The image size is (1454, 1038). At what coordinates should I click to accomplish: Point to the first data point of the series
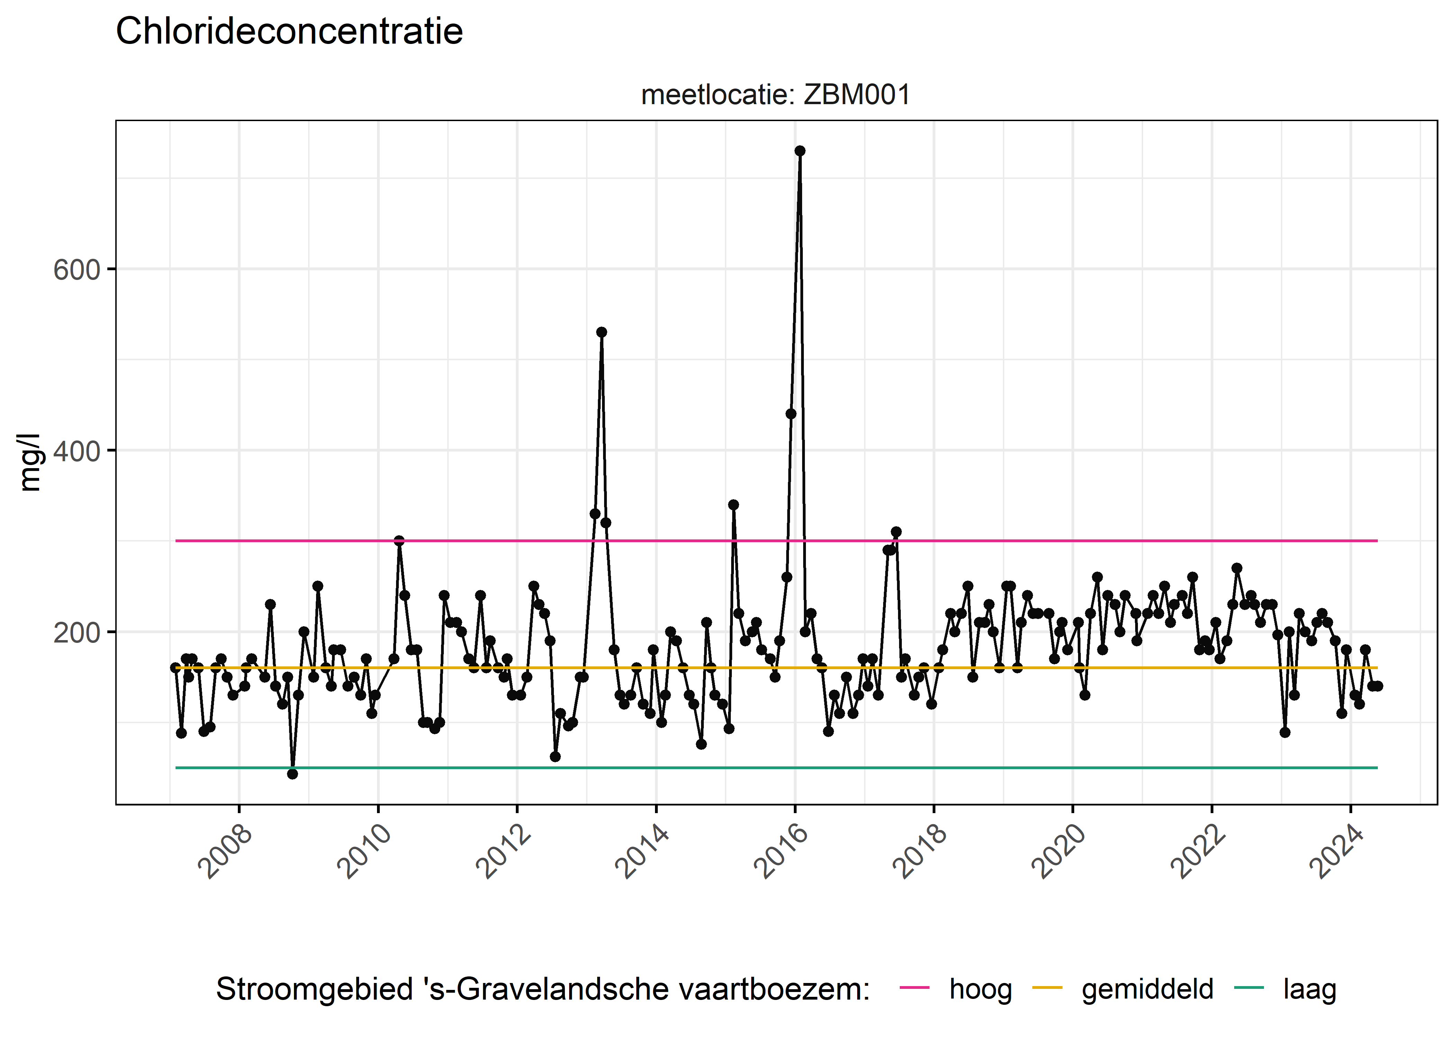(175, 667)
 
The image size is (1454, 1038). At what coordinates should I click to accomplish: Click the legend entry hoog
(980, 989)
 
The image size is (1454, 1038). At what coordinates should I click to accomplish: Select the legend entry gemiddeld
(1147, 989)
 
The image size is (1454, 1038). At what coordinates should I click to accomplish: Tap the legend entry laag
(1310, 989)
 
